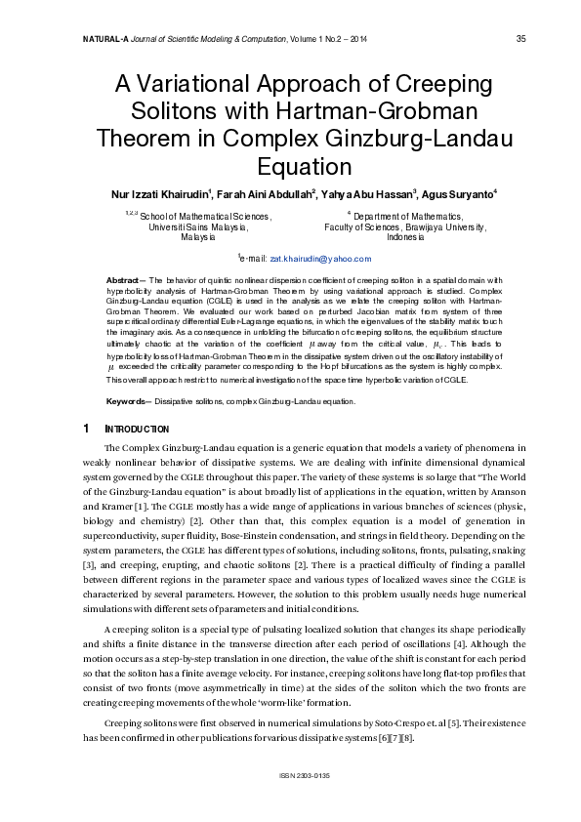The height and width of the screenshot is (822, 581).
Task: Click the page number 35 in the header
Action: tap(520, 39)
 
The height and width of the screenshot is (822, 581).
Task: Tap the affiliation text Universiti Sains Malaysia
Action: tap(198, 226)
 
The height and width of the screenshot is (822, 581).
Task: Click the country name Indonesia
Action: tap(405, 237)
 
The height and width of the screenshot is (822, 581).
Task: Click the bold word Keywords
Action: tap(128, 400)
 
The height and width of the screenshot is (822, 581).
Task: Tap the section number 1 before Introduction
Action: tap(87, 429)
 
